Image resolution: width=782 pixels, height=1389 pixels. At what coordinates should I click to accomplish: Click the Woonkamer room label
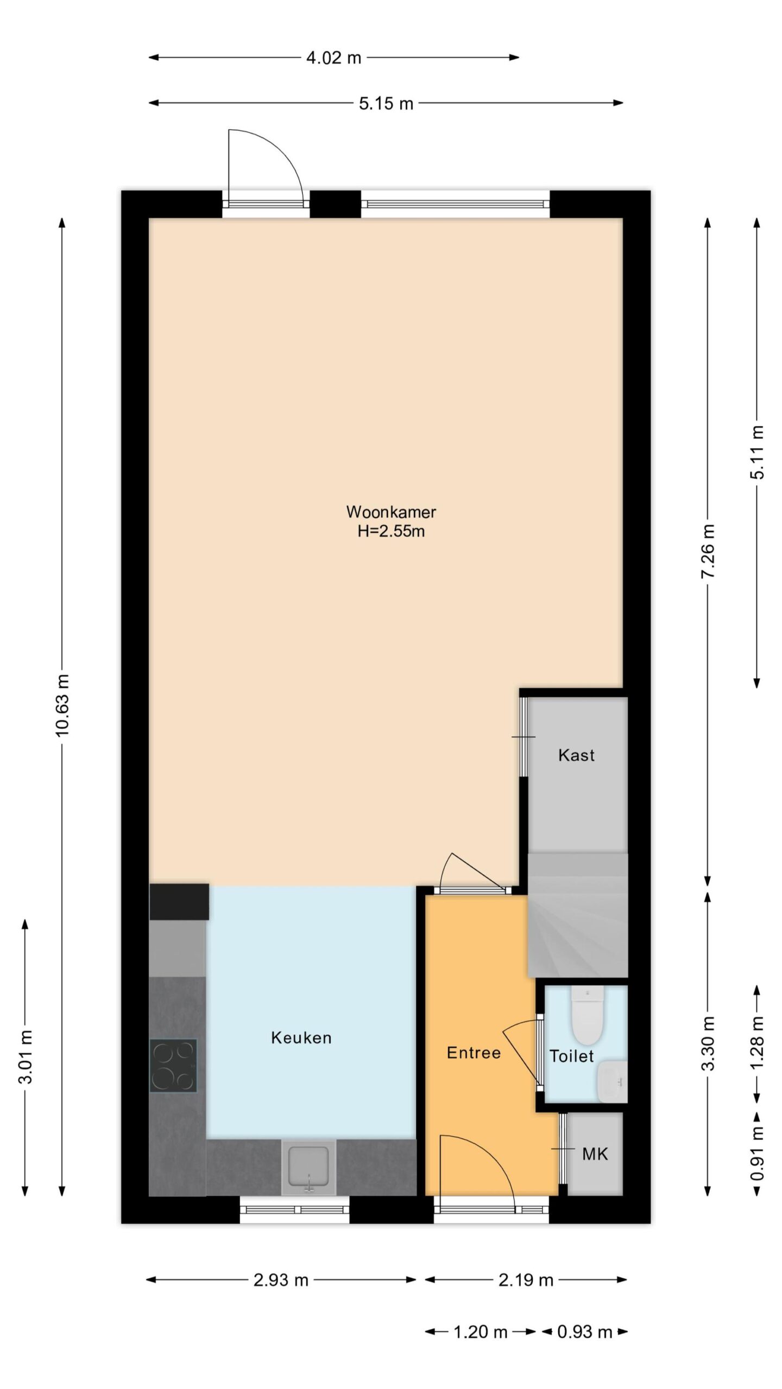(391, 512)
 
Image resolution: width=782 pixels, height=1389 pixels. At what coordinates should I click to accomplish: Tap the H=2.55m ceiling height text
(391, 531)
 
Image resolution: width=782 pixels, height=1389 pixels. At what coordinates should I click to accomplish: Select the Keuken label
(301, 1038)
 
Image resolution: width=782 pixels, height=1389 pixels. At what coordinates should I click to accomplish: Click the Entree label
(474, 1053)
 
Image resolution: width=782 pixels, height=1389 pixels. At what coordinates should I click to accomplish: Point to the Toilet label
(572, 1056)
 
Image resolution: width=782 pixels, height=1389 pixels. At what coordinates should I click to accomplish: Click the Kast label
(576, 755)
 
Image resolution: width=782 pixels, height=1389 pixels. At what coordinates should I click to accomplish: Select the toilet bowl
(588, 1015)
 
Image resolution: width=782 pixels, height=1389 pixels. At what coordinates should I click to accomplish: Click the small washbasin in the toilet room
(612, 1081)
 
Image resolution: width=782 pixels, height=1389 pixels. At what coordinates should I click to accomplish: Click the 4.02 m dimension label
(333, 58)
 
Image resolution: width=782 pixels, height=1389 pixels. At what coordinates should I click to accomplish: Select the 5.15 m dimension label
(386, 103)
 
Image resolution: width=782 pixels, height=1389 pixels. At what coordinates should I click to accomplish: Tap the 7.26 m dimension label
(708, 551)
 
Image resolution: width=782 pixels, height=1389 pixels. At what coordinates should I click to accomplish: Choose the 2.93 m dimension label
(281, 1280)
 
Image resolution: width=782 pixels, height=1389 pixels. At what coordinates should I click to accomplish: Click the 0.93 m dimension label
(585, 1331)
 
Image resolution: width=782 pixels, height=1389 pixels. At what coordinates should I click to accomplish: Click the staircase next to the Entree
(578, 915)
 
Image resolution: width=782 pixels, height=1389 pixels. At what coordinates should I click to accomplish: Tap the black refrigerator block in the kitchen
(179, 902)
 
